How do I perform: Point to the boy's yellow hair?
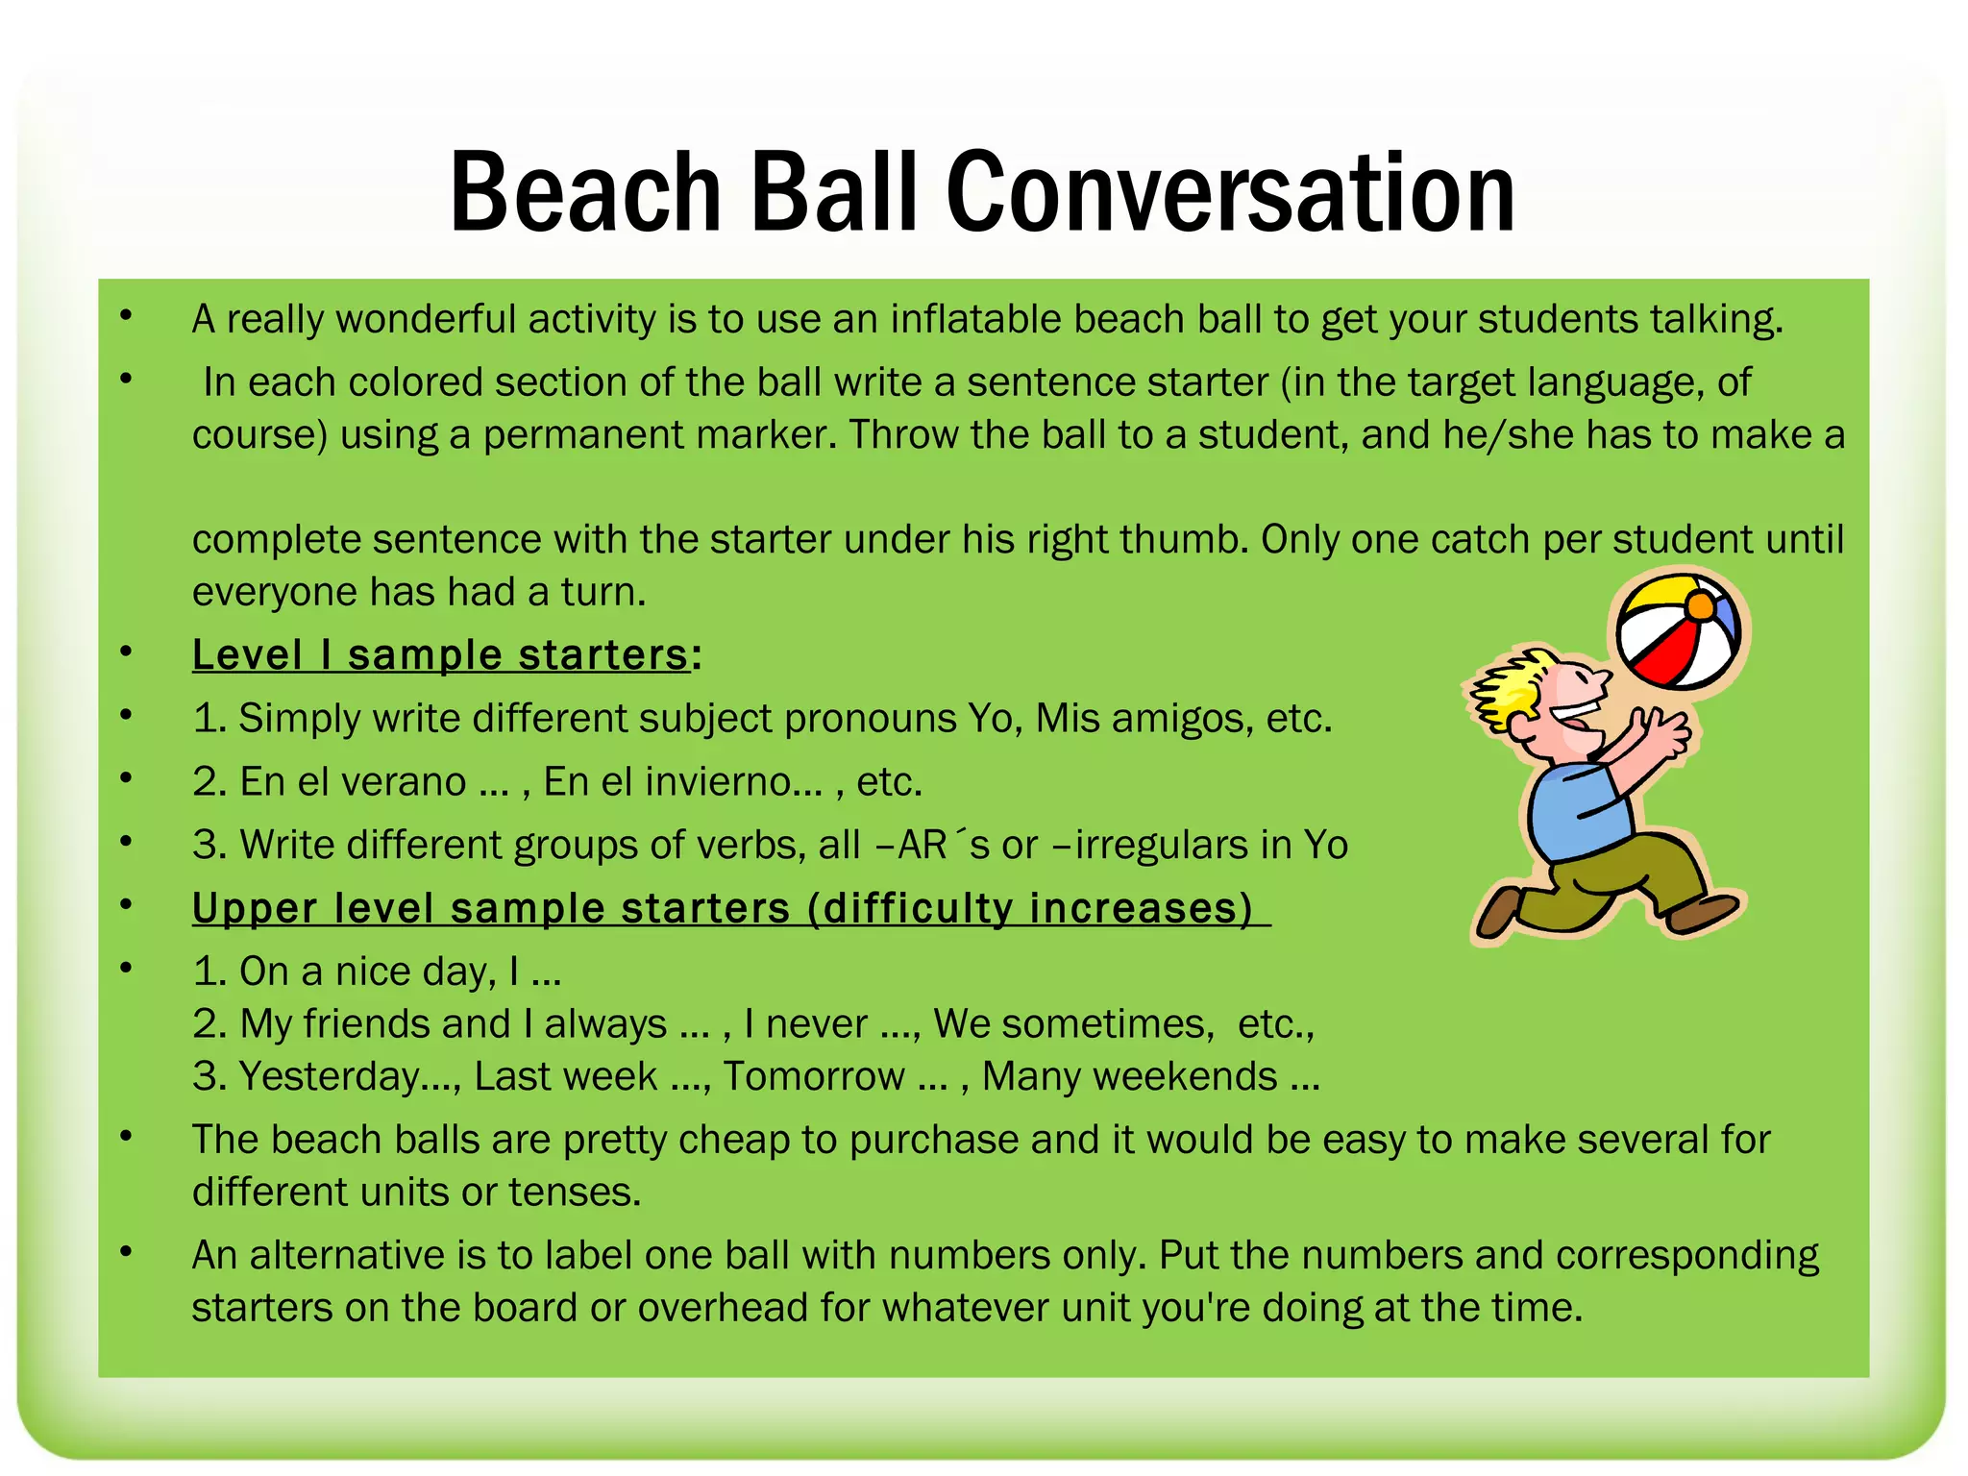(x=1507, y=687)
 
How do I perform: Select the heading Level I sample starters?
(x=440, y=655)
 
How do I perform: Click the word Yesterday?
(x=329, y=1077)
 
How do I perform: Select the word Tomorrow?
(x=814, y=1077)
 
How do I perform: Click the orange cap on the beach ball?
(x=1700, y=605)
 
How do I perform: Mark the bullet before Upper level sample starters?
(x=126, y=905)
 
